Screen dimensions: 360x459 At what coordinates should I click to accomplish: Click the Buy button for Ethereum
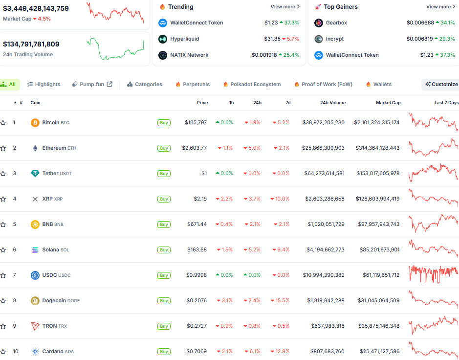(x=164, y=148)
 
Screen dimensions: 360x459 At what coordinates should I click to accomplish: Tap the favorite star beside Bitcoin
(x=3, y=123)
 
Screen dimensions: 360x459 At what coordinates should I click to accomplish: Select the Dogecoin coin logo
(x=35, y=301)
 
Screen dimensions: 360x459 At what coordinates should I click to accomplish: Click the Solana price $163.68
(x=197, y=250)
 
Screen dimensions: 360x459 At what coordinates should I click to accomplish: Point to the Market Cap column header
(x=388, y=103)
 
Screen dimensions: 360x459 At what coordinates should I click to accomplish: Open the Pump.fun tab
(x=92, y=84)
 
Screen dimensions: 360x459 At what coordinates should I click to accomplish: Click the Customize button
(x=441, y=84)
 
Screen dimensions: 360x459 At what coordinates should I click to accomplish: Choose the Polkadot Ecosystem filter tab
(x=252, y=84)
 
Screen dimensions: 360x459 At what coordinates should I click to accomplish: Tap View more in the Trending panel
(x=285, y=7)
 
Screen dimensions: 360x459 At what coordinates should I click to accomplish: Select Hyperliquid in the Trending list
(x=184, y=39)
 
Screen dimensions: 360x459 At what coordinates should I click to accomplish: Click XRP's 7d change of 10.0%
(x=281, y=199)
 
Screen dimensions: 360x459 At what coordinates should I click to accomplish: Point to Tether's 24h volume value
(x=324, y=174)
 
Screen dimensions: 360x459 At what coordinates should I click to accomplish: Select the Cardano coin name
(x=53, y=352)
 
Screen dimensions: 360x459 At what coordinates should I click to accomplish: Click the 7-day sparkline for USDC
(x=434, y=274)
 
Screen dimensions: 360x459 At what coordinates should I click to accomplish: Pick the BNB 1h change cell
(x=225, y=225)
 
